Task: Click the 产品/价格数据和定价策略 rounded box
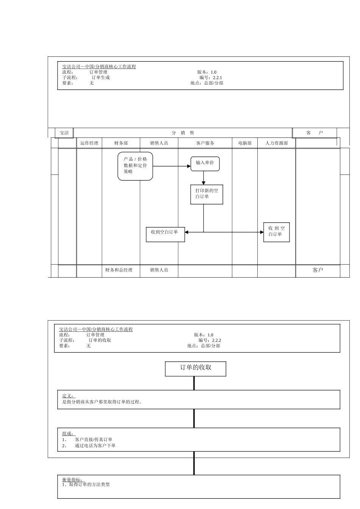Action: click(135, 166)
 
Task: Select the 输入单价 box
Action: click(205, 163)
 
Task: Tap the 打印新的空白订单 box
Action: click(207, 194)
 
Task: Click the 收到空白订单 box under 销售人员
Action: click(165, 234)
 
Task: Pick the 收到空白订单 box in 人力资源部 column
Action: click(277, 232)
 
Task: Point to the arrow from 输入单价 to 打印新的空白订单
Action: click(203, 178)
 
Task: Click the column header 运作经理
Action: click(89, 143)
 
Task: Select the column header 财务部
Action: click(121, 143)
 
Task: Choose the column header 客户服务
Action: click(205, 143)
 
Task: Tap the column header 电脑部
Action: click(245, 143)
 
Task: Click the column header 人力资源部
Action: click(277, 143)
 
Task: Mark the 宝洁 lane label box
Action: click(64, 133)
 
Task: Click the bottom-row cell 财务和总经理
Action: click(119, 270)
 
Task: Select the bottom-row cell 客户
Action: click(318, 270)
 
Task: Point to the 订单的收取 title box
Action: click(196, 368)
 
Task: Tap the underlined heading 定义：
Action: click(69, 396)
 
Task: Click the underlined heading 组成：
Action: click(69, 434)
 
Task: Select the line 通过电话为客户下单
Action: click(95, 445)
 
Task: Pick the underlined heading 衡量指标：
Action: click(72, 479)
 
